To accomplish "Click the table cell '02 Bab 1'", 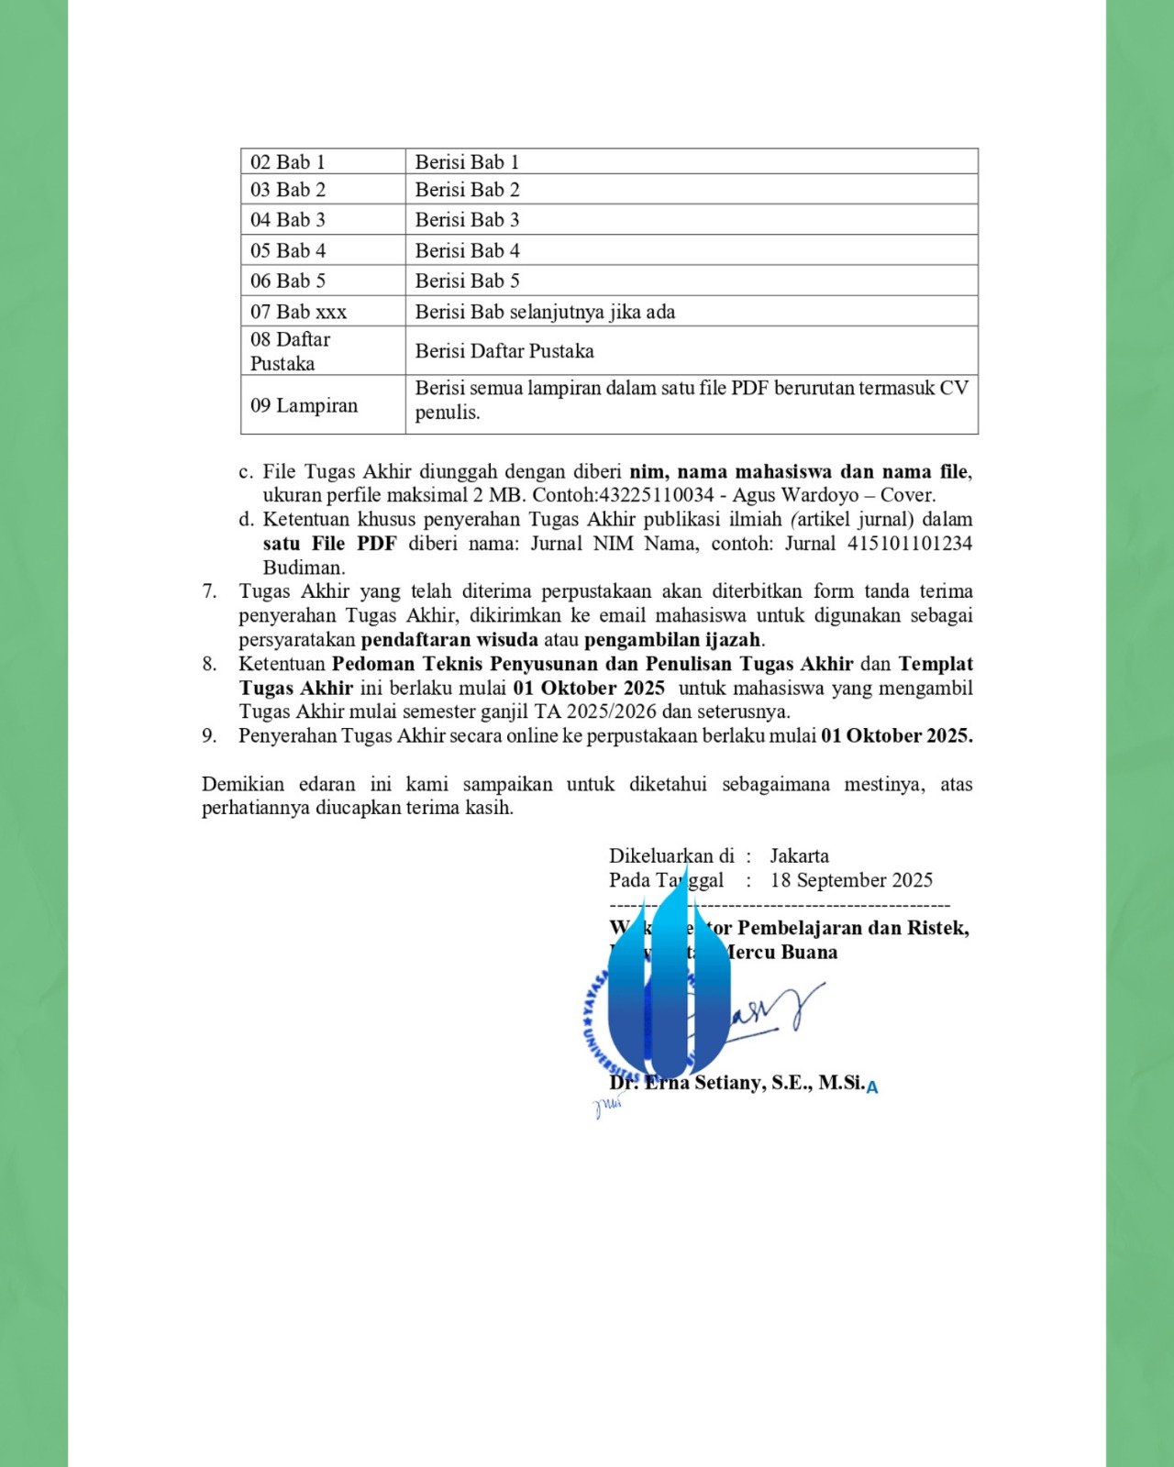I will tap(288, 162).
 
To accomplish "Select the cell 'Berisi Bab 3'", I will tap(467, 220).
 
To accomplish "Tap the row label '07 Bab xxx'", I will tap(298, 312).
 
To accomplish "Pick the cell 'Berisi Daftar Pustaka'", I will tap(504, 351).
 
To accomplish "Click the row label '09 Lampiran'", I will tap(304, 405).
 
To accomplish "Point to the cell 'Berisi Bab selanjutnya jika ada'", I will tap(545, 312).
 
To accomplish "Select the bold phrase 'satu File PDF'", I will tap(329, 544).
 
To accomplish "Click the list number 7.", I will tap(210, 591).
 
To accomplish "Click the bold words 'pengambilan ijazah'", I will tap(672, 640).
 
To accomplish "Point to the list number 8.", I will tap(210, 664).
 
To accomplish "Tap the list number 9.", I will tap(210, 735).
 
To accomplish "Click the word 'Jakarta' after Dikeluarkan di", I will tap(799, 856).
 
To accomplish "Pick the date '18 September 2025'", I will tap(851, 880).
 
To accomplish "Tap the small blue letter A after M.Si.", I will tap(872, 1087).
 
